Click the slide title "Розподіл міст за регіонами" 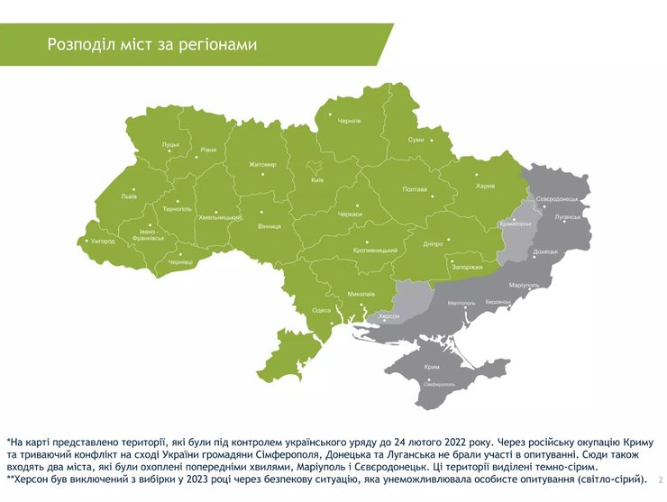pyautogui.click(x=152, y=44)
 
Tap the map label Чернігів pyautogui.click(x=349, y=120)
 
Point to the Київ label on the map pyautogui.click(x=316, y=180)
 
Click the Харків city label pyautogui.click(x=485, y=187)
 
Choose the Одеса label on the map pyautogui.click(x=321, y=310)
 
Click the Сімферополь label pyautogui.click(x=438, y=384)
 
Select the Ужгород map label pyautogui.click(x=103, y=242)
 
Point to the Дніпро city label pyautogui.click(x=432, y=244)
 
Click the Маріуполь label pyautogui.click(x=524, y=285)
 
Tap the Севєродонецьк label pyautogui.click(x=556, y=198)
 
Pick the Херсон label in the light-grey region pyautogui.click(x=388, y=317)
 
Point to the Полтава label pyautogui.click(x=414, y=189)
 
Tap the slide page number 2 pyautogui.click(x=661, y=479)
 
